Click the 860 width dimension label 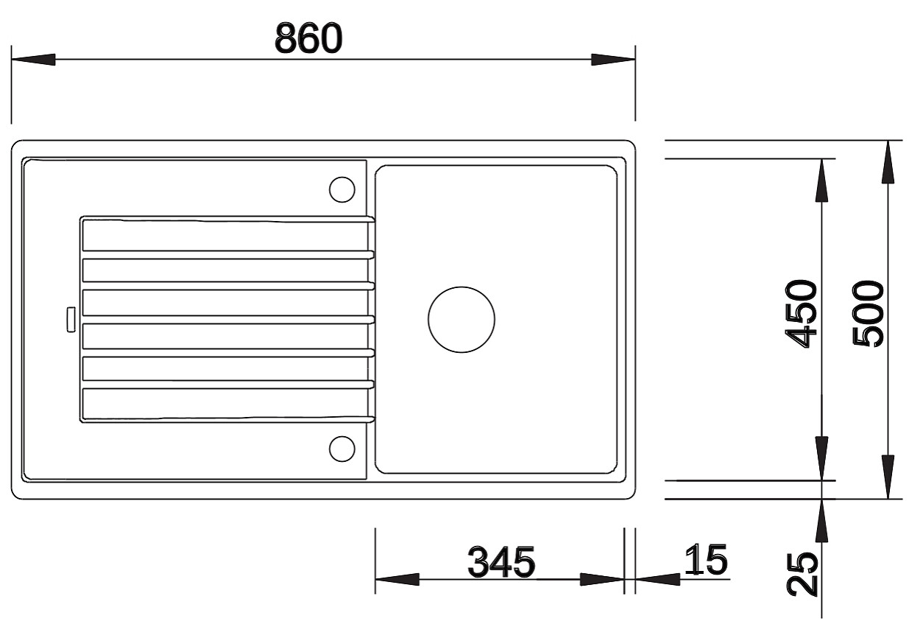[308, 38]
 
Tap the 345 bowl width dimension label [501, 562]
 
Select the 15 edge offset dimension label [707, 560]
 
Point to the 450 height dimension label [801, 314]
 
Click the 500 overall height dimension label [868, 314]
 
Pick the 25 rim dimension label [802, 575]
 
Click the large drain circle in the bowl [461, 319]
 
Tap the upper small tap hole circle [342, 189]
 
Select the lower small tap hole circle [342, 449]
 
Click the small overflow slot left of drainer [71, 319]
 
